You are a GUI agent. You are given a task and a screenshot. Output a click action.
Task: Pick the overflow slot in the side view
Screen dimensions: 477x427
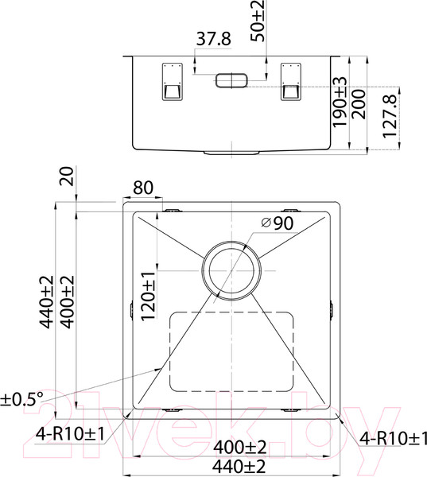(x=231, y=79)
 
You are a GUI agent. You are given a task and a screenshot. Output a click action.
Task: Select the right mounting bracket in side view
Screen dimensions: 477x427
(x=291, y=81)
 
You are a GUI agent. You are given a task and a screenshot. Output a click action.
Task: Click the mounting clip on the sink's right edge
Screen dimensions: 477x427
(x=331, y=309)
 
